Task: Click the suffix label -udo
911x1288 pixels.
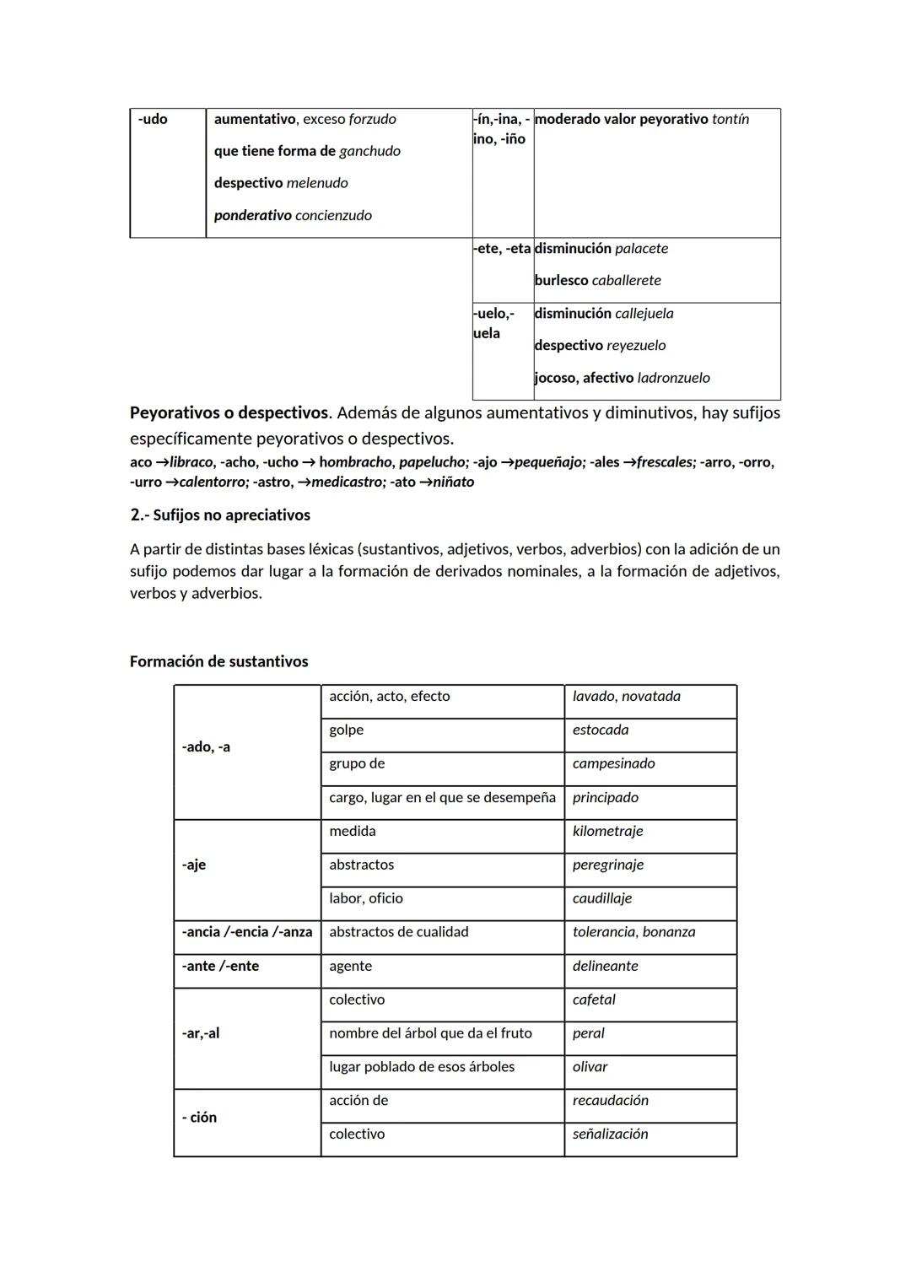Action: [x=153, y=120]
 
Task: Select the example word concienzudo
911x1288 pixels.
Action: [x=333, y=216]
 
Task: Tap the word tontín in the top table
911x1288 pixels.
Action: [x=730, y=120]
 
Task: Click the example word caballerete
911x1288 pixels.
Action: [x=626, y=281]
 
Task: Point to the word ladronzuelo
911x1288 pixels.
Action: [x=673, y=379]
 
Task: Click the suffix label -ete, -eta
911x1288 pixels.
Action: [x=502, y=249]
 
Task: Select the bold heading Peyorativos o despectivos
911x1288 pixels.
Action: [x=228, y=413]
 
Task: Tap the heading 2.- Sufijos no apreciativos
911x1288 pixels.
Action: [x=220, y=515]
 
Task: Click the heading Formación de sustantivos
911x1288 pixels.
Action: [x=218, y=662]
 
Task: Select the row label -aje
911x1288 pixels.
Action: [x=194, y=865]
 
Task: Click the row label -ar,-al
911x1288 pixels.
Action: [x=201, y=1034]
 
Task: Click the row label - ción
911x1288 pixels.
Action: [x=199, y=1118]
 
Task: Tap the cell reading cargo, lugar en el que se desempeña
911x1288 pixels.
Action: [x=442, y=798]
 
